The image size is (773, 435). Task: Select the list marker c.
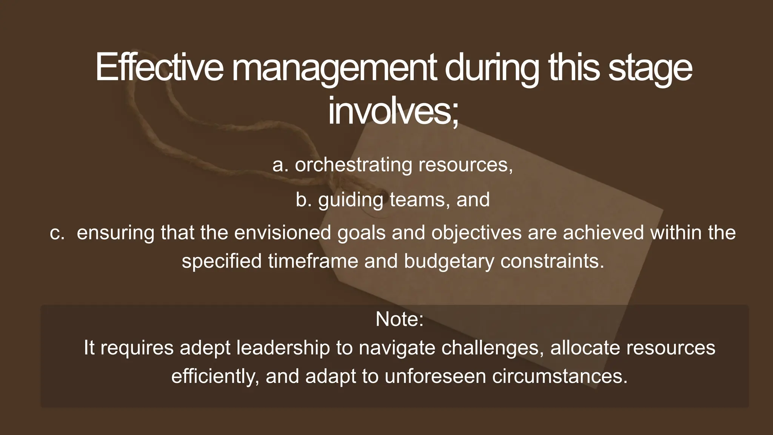click(x=57, y=233)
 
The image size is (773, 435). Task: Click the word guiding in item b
click(x=351, y=200)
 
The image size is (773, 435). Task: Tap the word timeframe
click(x=313, y=261)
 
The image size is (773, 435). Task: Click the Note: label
click(x=399, y=319)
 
